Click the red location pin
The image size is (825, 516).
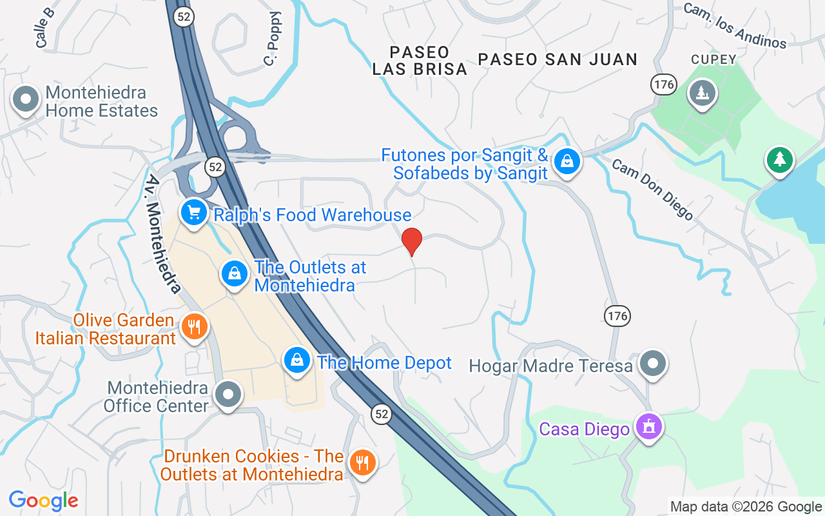point(412,241)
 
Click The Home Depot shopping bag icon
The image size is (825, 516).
point(297,360)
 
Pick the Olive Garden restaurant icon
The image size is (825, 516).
point(193,326)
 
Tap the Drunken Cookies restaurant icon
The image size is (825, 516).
point(363,462)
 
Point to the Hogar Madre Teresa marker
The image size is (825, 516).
point(653,363)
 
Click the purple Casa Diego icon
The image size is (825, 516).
point(648,426)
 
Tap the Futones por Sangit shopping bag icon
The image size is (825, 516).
point(567,161)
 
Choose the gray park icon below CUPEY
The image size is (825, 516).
point(702,93)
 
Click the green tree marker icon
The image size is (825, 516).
point(779,159)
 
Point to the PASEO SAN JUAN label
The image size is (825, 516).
point(558,59)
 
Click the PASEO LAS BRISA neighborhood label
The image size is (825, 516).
point(420,61)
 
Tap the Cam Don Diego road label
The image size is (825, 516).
point(652,190)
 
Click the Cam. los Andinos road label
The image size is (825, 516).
point(735,26)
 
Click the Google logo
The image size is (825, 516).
point(43,500)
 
